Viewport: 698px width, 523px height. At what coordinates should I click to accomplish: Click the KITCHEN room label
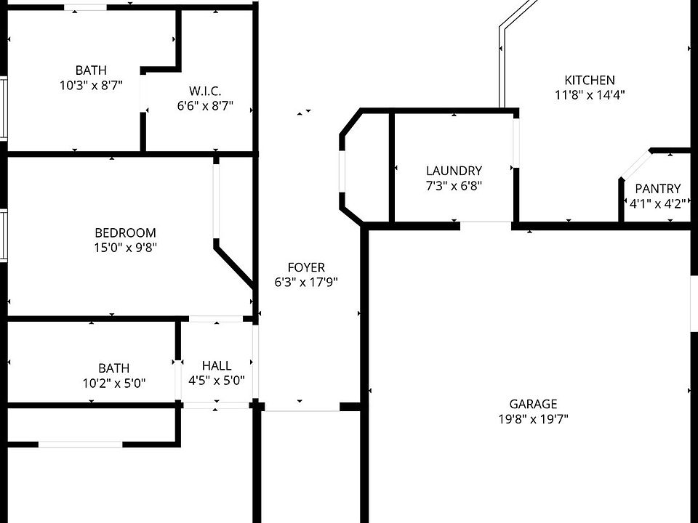(590, 80)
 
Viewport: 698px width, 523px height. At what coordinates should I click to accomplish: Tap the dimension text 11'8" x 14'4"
(590, 94)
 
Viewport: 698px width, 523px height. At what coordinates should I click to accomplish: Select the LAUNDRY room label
(454, 171)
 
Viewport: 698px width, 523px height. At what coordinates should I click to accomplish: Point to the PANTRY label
(657, 189)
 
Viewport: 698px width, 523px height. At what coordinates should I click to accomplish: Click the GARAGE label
(533, 404)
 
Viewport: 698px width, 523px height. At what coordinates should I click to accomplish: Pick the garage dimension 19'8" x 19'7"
(533, 418)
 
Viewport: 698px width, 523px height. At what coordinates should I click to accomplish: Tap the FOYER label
(306, 267)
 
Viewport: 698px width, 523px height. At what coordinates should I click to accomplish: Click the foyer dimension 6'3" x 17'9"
(306, 282)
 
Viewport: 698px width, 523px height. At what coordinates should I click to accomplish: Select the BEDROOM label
(126, 232)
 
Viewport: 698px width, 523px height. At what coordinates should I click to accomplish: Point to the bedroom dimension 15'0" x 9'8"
(126, 247)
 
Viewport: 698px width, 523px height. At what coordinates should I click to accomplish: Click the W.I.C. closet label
(205, 92)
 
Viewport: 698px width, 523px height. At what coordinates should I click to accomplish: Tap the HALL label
(217, 365)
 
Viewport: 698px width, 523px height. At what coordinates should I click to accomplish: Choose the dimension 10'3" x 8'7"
(92, 85)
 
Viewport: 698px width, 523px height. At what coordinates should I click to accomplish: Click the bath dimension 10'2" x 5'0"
(114, 383)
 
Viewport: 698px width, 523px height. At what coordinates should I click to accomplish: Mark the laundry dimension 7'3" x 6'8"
(454, 185)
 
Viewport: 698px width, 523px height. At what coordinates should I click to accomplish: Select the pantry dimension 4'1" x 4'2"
(657, 203)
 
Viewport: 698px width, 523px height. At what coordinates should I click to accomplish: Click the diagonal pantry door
(635, 165)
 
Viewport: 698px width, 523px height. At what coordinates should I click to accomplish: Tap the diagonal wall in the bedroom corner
(234, 265)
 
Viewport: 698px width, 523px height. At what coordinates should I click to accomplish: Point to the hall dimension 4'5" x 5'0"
(217, 381)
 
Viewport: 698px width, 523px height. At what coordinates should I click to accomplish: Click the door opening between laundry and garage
(486, 225)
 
